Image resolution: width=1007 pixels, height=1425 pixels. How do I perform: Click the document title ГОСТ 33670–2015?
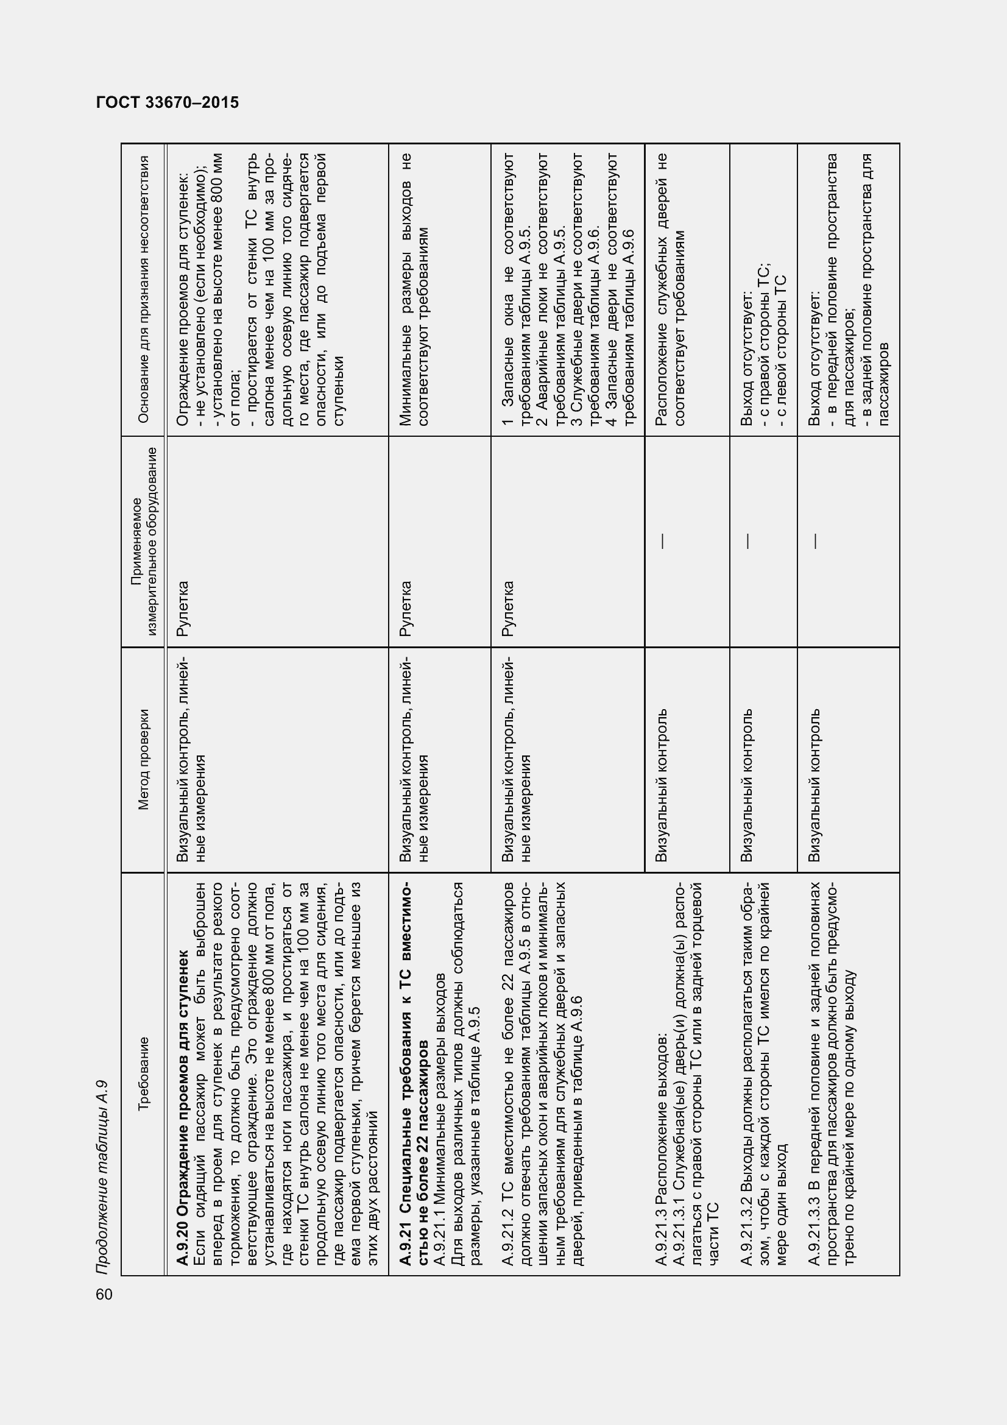point(168,103)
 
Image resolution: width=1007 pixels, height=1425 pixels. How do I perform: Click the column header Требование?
point(144,1073)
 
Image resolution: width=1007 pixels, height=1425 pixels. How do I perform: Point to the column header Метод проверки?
point(144,760)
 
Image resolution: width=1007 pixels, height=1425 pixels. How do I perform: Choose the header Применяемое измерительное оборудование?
point(144,541)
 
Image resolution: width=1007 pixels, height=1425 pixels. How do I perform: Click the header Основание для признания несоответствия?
point(144,289)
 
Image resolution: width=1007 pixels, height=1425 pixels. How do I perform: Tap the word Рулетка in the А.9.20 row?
point(182,609)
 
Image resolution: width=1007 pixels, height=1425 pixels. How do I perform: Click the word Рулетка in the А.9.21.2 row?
point(507,609)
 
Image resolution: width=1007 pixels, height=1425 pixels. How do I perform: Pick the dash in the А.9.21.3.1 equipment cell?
point(663,541)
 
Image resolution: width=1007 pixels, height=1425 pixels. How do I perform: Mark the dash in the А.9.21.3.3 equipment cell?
point(815,541)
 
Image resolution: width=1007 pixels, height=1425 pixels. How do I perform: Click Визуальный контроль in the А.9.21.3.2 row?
point(747,785)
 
